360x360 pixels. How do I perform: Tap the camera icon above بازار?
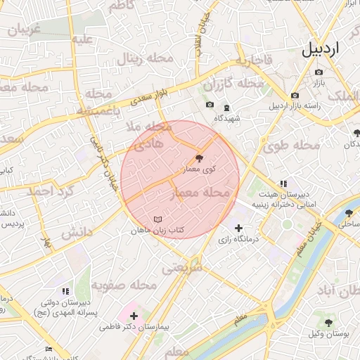319,72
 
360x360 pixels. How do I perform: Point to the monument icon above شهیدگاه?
226,108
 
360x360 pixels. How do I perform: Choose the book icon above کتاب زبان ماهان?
157,219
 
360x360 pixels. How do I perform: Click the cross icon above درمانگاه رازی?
239,228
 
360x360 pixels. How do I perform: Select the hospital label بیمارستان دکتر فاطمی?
134,327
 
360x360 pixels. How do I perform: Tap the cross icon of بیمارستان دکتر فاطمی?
134,316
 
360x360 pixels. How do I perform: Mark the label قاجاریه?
253,61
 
